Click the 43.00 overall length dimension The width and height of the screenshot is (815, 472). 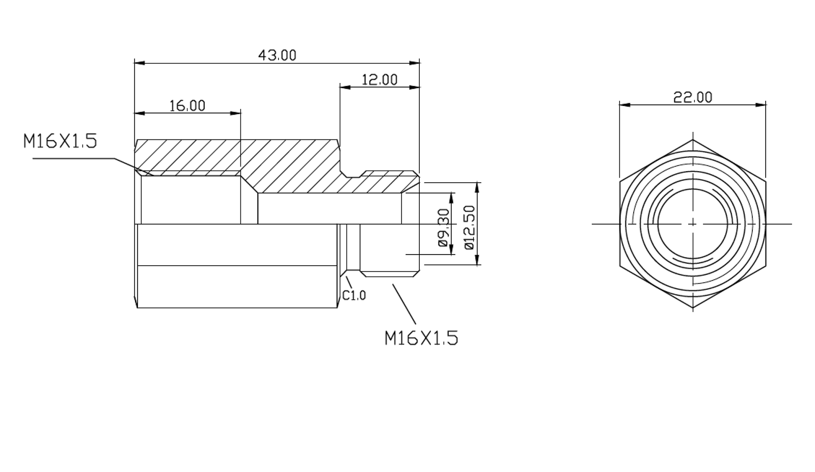click(277, 55)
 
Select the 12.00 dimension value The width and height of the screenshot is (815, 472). click(379, 80)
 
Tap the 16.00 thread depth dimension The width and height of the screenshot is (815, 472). click(187, 105)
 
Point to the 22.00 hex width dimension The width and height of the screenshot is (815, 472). click(693, 97)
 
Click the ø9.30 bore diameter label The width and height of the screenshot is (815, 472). click(444, 228)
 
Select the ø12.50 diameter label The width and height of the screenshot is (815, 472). click(469, 227)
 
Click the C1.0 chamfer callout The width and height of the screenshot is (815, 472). click(354, 295)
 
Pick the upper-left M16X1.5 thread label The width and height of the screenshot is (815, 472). click(60, 141)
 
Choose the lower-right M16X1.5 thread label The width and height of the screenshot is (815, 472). click(421, 338)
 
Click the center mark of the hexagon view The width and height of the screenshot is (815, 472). click(693, 224)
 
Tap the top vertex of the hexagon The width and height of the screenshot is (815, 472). click(693, 139)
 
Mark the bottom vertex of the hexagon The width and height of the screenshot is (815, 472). click(693, 308)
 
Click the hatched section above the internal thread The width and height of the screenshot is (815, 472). click(188, 155)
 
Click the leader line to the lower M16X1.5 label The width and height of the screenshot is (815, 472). click(404, 304)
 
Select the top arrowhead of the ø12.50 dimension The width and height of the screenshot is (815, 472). click(477, 186)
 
